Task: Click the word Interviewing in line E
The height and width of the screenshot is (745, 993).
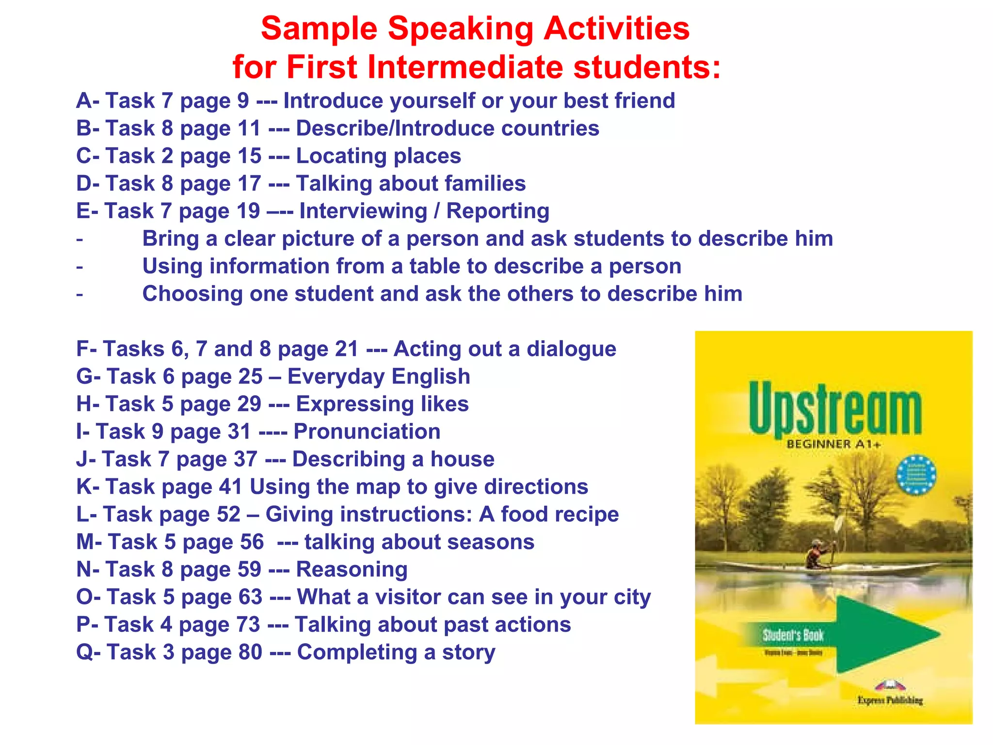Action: point(363,211)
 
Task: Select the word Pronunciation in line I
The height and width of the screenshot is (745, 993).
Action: point(367,432)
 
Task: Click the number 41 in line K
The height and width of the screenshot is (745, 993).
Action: point(230,487)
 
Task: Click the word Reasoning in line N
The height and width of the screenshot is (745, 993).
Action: point(352,570)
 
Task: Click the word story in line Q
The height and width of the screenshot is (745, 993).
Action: point(468,652)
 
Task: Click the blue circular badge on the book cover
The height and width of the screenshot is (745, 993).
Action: point(916,475)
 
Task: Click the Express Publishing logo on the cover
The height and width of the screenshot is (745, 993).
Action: point(890,693)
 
